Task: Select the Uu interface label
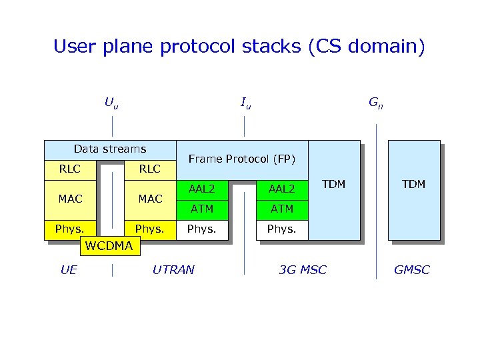111,103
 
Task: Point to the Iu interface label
245,103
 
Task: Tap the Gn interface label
376,103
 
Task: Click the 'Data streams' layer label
110,149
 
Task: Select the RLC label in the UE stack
70,169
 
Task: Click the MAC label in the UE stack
70,199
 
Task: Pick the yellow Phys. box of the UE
70,229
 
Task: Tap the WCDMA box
108,246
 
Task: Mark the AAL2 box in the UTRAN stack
202,189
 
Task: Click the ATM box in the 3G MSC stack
282,209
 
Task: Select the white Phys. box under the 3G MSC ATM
282,229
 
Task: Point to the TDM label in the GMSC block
413,184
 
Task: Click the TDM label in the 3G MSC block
333,184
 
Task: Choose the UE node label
69,270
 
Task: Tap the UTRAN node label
173,270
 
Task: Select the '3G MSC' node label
303,270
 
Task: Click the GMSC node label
412,270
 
